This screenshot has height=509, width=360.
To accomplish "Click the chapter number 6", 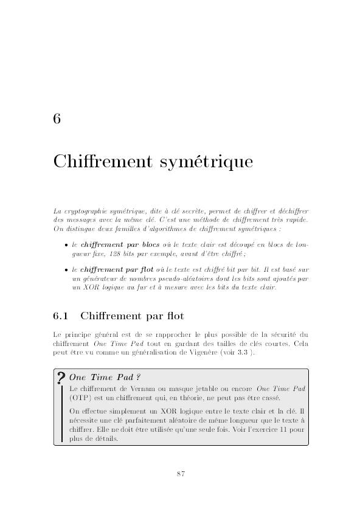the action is point(57,119).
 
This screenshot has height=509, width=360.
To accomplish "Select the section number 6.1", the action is point(63,316).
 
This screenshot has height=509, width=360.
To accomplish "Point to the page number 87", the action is point(181,474).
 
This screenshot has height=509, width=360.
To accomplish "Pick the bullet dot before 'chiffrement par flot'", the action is point(66,270).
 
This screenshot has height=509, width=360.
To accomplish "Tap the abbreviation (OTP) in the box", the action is point(80,398).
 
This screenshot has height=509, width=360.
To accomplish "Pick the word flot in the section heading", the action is point(171,316).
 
